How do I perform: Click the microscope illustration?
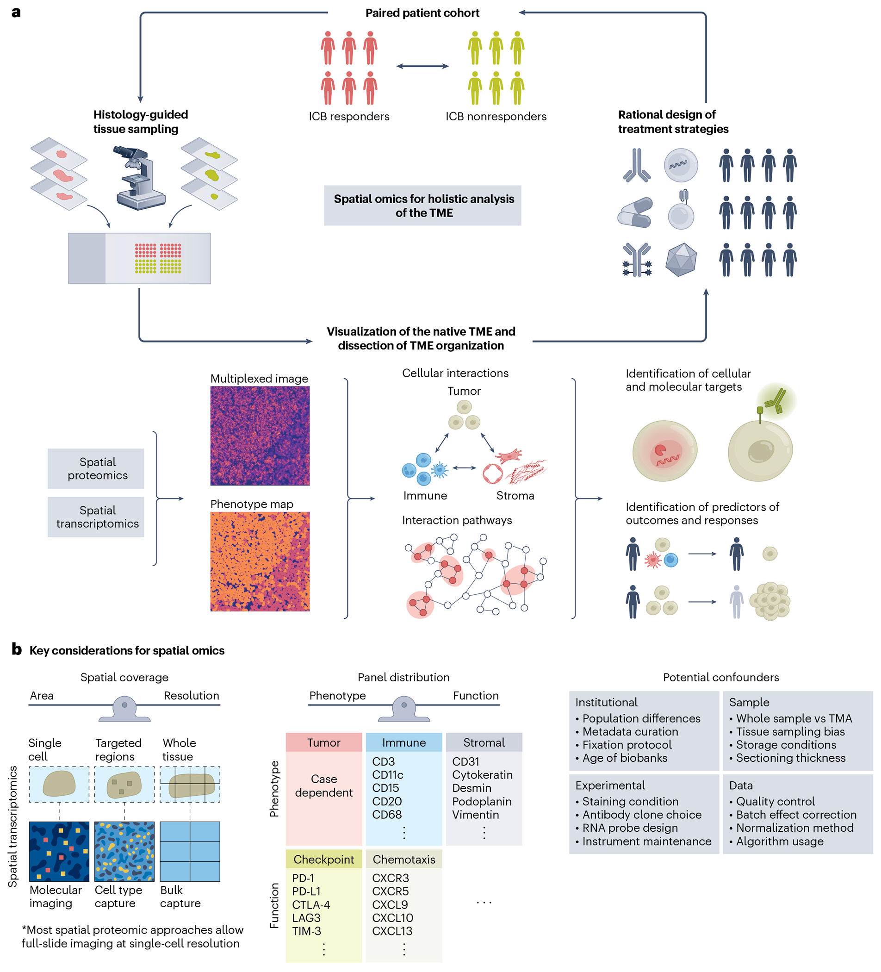140,177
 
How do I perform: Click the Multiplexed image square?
260,436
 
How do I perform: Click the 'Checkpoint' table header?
323,859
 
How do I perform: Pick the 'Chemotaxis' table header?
404,859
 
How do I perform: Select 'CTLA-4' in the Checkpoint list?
311,905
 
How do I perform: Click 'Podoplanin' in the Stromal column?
482,801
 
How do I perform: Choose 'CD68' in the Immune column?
387,814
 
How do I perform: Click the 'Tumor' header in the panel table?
323,742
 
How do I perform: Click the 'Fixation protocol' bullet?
624,745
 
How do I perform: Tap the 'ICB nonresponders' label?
496,117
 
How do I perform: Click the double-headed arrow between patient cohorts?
422,66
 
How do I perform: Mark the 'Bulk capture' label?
180,897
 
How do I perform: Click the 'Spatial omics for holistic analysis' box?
422,206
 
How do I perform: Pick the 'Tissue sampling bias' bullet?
787,732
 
